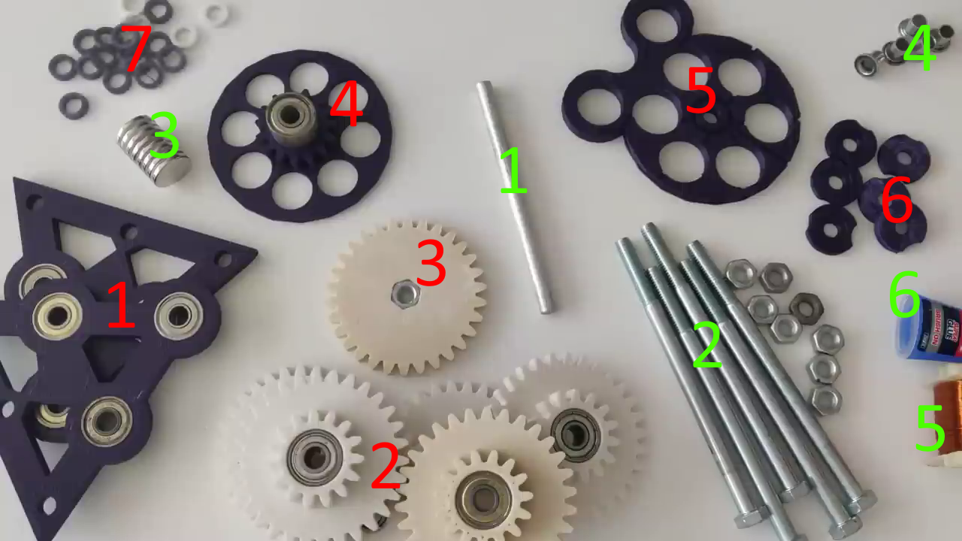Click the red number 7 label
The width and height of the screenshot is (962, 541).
pyautogui.click(x=136, y=50)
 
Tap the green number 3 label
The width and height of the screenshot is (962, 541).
pyautogui.click(x=164, y=136)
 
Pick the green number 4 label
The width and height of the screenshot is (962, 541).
pyautogui.click(x=918, y=48)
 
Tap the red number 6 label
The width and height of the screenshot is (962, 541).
pyautogui.click(x=897, y=201)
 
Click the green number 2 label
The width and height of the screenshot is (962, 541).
pyautogui.click(x=707, y=346)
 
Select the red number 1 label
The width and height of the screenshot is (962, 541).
pyautogui.click(x=120, y=305)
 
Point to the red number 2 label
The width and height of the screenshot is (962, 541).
pyautogui.click(x=385, y=466)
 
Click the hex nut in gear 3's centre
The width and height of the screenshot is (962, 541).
pyautogui.click(x=405, y=294)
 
